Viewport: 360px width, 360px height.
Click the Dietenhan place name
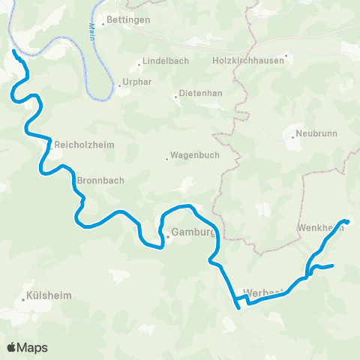coord(200,96)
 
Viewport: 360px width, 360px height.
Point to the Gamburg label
coord(193,232)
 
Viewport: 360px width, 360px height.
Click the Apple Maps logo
coord(27,347)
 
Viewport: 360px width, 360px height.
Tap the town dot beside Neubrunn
coord(292,136)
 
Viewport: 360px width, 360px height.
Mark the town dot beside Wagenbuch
coord(167,158)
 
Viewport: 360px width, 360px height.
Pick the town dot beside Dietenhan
coord(175,96)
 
